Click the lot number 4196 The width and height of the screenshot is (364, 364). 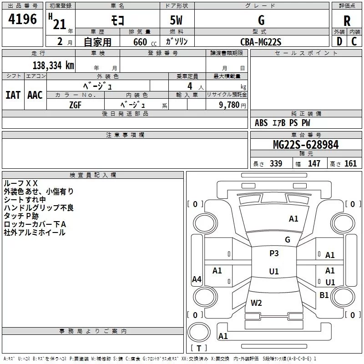point(22,19)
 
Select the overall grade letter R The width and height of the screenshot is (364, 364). point(347,21)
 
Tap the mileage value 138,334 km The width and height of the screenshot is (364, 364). point(53,66)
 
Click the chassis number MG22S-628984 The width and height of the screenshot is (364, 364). point(306,145)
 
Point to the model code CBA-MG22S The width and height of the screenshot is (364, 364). point(261,42)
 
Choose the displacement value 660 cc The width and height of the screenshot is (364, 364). point(145,42)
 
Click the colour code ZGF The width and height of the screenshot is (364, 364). point(75,105)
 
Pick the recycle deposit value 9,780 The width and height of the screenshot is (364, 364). point(229,105)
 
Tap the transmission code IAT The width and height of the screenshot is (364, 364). point(13,95)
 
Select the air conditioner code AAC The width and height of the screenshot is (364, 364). point(35,95)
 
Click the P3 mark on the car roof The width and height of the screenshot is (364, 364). point(274,253)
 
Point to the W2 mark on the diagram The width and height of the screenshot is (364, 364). point(256,303)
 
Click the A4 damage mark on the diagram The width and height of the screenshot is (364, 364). point(197,279)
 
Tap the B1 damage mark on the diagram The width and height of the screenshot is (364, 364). point(324,295)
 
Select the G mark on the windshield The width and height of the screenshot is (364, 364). point(288,240)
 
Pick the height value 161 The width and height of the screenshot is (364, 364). point(350,163)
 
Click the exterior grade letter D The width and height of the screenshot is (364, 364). point(339,41)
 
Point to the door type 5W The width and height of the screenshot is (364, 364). point(176,20)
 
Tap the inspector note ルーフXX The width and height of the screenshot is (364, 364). point(20,183)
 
